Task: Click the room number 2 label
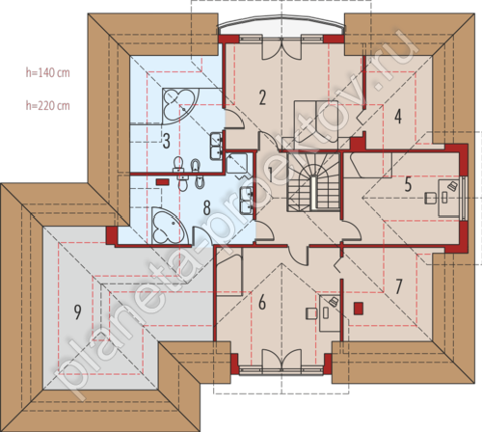coord(262,97)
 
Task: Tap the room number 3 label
coord(166,141)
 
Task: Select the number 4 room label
coord(398,117)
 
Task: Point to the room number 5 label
coord(408,184)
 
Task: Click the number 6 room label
coord(262,303)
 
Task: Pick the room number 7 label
coord(398,286)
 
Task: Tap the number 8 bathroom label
coord(207,207)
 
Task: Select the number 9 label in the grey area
coord(77,312)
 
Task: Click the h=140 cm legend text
coord(48,72)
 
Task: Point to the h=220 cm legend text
coord(48,105)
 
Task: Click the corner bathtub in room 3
coord(180,104)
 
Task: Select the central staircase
coord(313,182)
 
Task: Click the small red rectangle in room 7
coord(359,309)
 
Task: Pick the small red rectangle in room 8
coord(163,181)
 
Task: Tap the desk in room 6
coord(330,313)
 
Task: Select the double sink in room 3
coord(216,147)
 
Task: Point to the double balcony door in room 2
coord(281,49)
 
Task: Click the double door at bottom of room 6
coord(281,361)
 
